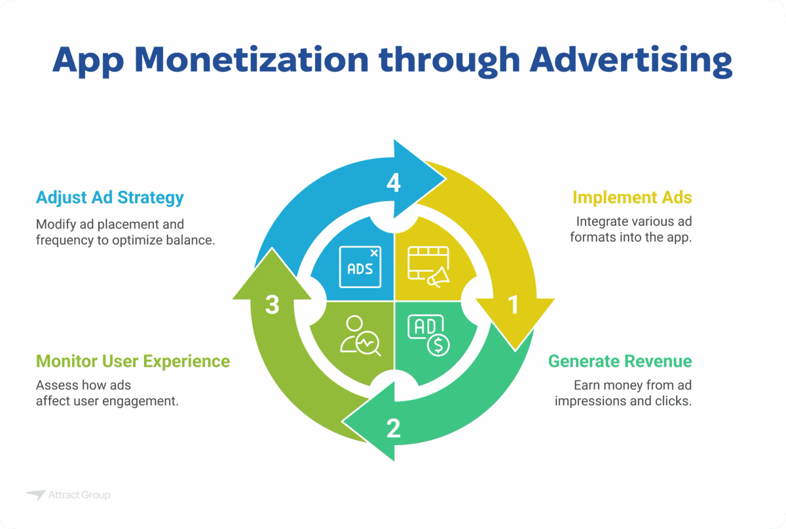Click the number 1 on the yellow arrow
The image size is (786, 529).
[514, 304]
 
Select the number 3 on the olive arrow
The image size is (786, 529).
[272, 304]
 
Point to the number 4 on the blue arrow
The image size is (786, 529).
[393, 184]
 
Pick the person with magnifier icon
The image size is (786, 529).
[360, 335]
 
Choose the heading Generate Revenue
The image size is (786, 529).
[620, 361]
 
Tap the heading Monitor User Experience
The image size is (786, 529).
[133, 361]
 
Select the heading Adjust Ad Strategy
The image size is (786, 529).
[110, 197]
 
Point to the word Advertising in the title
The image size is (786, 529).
[630, 60]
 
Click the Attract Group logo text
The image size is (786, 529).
[79, 496]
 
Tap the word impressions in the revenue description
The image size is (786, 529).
[588, 401]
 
